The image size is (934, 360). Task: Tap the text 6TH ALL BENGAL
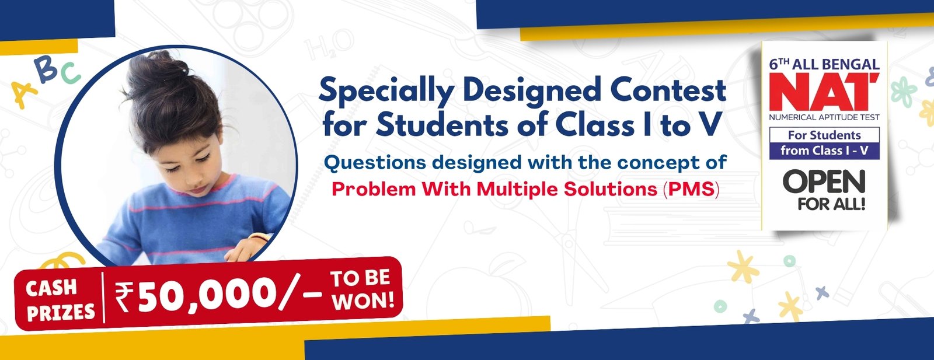824,64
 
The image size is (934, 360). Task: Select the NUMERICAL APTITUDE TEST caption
824,117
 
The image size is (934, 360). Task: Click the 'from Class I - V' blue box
824,151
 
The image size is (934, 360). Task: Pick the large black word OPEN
824,181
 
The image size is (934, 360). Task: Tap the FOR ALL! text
832,204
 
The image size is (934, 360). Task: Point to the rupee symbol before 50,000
124,296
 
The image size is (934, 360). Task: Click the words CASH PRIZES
61,299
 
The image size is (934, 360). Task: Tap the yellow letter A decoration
23,93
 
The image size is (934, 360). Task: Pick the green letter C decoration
70,74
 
